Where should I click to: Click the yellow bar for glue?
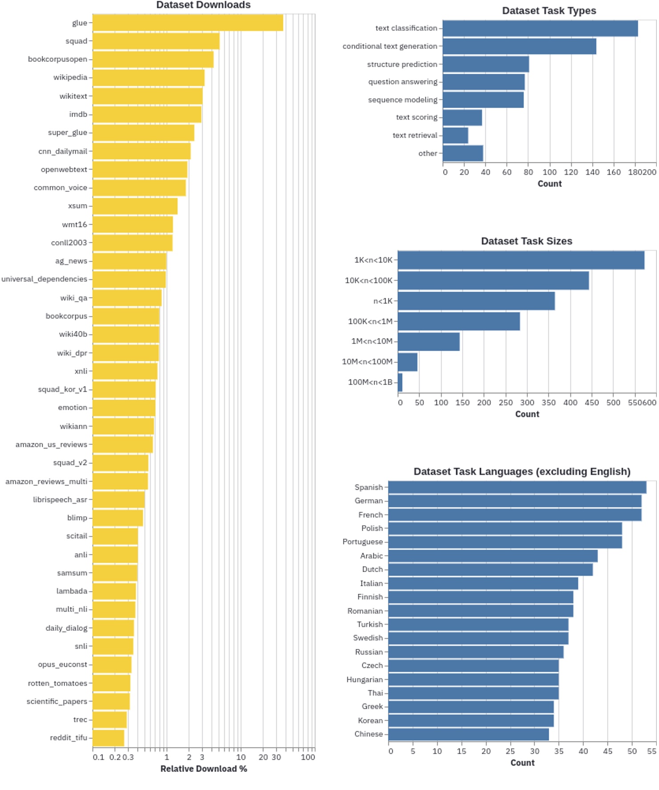(187, 23)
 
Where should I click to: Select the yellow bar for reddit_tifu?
(108, 738)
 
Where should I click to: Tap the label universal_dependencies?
(44, 279)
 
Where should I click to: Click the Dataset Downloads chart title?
(203, 5)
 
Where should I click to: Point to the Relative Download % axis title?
(203, 769)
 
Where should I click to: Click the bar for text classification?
(540, 28)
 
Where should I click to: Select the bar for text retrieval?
(455, 135)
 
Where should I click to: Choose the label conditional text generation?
(390, 46)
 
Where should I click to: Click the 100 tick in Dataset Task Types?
(550, 172)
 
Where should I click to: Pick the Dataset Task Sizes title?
(526, 241)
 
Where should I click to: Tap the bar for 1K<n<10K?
(521, 260)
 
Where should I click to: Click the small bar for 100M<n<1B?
(400, 383)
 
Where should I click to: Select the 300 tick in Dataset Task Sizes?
(527, 403)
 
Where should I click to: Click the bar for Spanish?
(517, 488)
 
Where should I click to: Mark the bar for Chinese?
(469, 734)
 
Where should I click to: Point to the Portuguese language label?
(362, 542)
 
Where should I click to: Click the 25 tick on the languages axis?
(510, 751)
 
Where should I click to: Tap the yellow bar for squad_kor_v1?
(124, 390)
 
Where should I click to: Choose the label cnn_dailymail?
(63, 151)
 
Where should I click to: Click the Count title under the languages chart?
(522, 763)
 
